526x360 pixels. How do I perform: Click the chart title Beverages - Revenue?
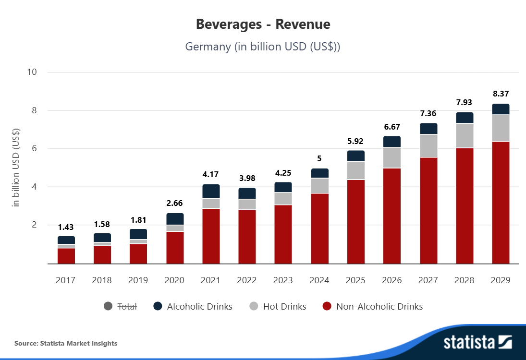[x=263, y=24]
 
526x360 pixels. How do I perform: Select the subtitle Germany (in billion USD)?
[x=263, y=47]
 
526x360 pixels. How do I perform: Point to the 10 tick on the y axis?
[x=32, y=72]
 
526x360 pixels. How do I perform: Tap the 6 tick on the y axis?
[x=34, y=149]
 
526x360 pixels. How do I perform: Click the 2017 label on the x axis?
[x=66, y=280]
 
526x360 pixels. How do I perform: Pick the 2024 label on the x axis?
[x=319, y=280]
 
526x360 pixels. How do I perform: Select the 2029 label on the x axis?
[x=501, y=280]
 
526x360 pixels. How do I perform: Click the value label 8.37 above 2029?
[x=501, y=94]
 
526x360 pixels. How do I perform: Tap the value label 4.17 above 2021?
[x=211, y=174]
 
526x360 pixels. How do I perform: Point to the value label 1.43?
[x=66, y=227]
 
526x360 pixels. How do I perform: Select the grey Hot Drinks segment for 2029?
[x=501, y=128]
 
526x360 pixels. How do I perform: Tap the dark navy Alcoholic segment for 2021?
[x=211, y=191]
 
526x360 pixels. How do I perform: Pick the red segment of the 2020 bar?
[x=175, y=248]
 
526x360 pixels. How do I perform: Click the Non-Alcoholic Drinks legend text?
[x=379, y=306]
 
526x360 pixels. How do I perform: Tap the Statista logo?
[x=477, y=342]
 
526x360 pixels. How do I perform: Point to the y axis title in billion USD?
[x=16, y=168]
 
